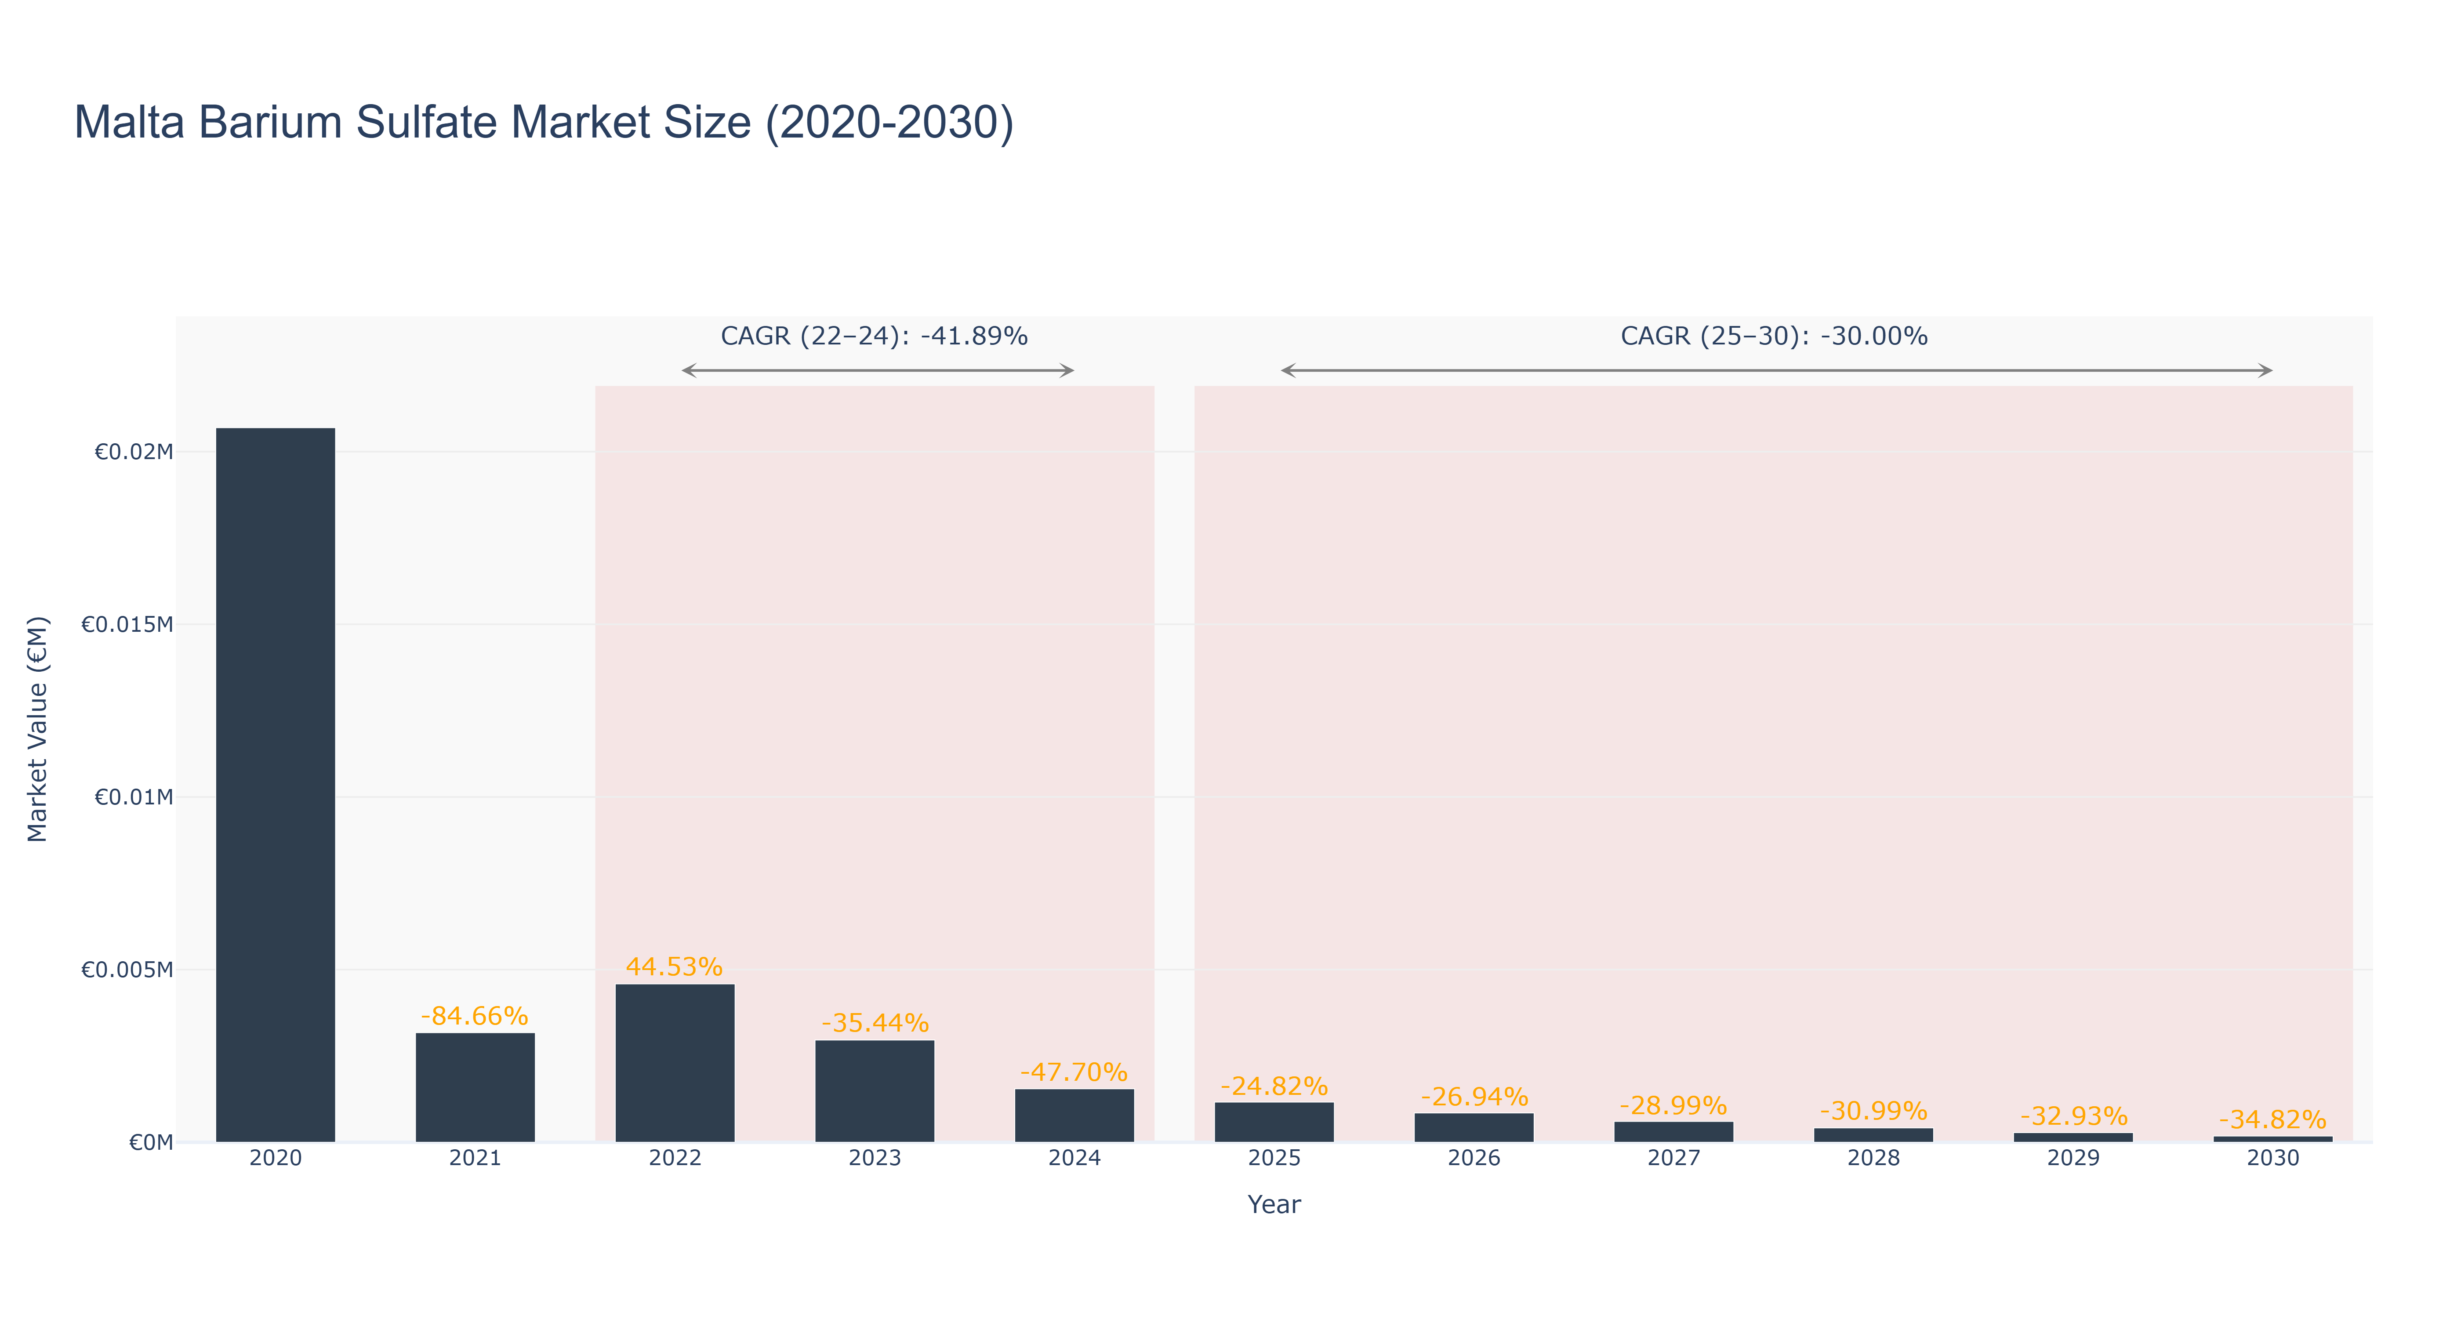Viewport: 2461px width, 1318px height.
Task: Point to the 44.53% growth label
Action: pyautogui.click(x=675, y=967)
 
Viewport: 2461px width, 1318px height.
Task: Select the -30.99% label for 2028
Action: pyautogui.click(x=1873, y=1111)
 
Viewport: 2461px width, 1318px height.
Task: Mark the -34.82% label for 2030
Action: pyautogui.click(x=2273, y=1119)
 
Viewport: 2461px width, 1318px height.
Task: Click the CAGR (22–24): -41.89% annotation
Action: pyautogui.click(x=874, y=336)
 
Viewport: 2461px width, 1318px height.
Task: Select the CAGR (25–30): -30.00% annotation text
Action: pyautogui.click(x=1774, y=336)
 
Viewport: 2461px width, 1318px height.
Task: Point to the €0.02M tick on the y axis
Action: pyautogui.click(x=134, y=452)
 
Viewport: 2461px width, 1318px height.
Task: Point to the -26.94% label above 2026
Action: pyautogui.click(x=1474, y=1097)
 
